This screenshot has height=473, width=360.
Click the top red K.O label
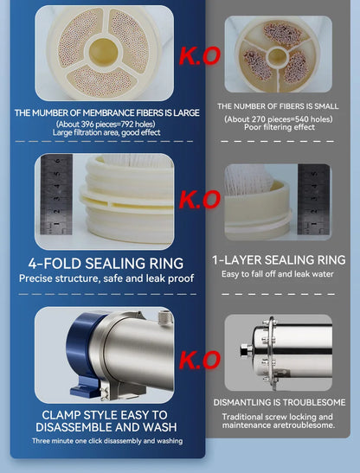click(x=200, y=56)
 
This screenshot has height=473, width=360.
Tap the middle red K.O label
click(x=200, y=200)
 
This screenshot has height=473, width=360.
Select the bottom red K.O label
click(x=200, y=360)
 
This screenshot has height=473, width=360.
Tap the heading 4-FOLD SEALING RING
click(x=106, y=264)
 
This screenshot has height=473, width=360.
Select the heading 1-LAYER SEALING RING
click(x=279, y=260)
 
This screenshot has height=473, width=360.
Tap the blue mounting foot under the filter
click(x=85, y=387)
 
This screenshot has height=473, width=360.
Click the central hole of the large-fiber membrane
click(x=103, y=51)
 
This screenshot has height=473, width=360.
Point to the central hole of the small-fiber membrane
click(x=277, y=57)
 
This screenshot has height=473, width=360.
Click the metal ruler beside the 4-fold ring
click(x=56, y=195)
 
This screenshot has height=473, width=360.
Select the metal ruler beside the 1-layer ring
click(x=313, y=200)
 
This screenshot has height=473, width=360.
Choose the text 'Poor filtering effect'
click(x=280, y=127)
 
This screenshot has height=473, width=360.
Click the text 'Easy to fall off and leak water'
click(x=278, y=274)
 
